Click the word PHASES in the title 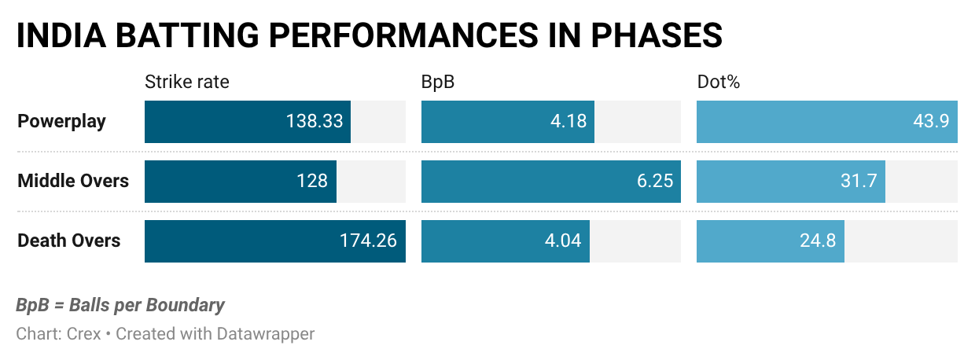click(x=657, y=35)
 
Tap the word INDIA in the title click(x=61, y=35)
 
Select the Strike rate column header click(x=186, y=82)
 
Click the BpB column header click(x=438, y=82)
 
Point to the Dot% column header click(x=718, y=82)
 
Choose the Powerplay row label click(x=61, y=122)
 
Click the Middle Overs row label click(x=73, y=181)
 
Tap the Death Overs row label click(x=68, y=241)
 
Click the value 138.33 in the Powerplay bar click(x=315, y=121)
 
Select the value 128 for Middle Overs click(x=312, y=181)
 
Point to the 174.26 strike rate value click(x=368, y=241)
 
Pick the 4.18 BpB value click(x=568, y=121)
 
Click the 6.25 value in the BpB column click(x=655, y=181)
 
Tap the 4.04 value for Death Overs click(x=563, y=241)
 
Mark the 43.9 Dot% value click(x=931, y=121)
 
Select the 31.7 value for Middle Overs click(x=859, y=181)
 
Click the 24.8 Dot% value click(x=818, y=241)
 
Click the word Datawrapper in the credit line click(x=266, y=334)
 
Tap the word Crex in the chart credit click(x=83, y=334)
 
